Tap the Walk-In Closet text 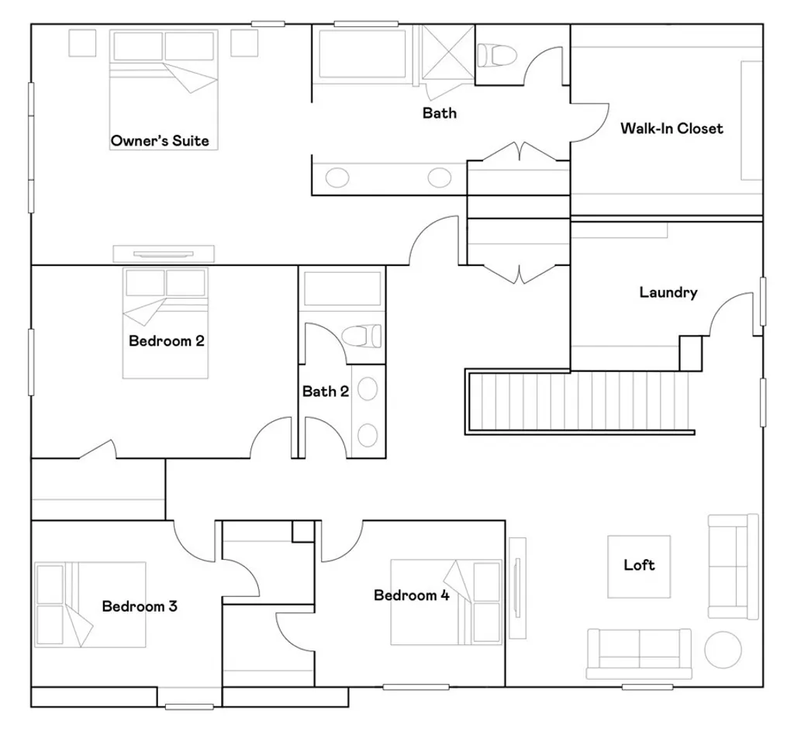(x=671, y=129)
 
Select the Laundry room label (x=668, y=292)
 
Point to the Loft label (x=639, y=564)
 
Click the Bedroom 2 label (x=167, y=340)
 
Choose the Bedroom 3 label (x=140, y=606)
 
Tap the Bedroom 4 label (x=411, y=595)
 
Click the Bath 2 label (x=326, y=392)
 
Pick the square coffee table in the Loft (x=639, y=566)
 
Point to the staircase (x=582, y=401)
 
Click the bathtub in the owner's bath (x=362, y=53)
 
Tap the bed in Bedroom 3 (x=91, y=605)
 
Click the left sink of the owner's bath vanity (x=337, y=178)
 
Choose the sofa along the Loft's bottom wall (x=639, y=649)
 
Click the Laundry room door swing (x=732, y=314)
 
